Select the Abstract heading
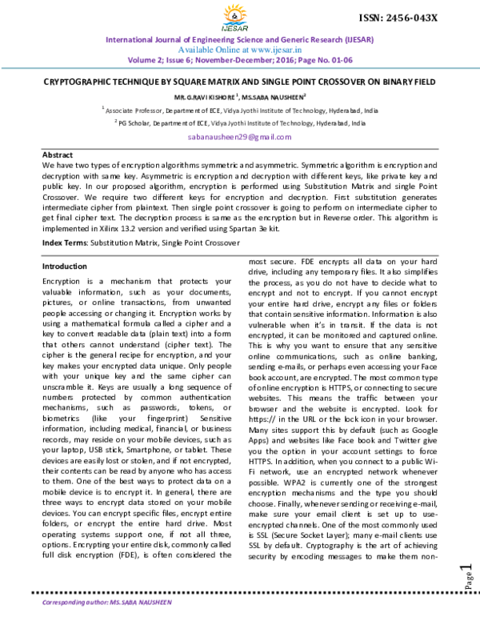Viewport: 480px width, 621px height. coord(58,154)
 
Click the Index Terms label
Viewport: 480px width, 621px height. coord(65,241)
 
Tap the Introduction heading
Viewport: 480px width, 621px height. coord(65,266)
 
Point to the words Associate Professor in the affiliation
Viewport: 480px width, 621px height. coord(136,107)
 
